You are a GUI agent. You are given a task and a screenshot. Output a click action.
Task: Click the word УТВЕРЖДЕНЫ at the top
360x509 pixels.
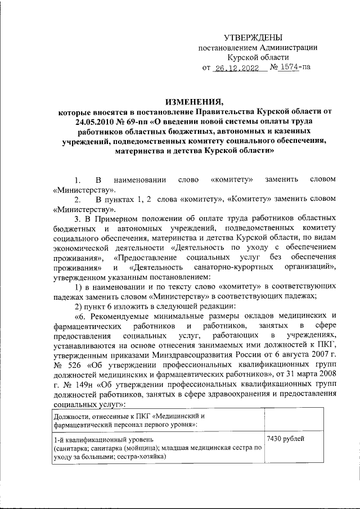(x=257, y=37)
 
